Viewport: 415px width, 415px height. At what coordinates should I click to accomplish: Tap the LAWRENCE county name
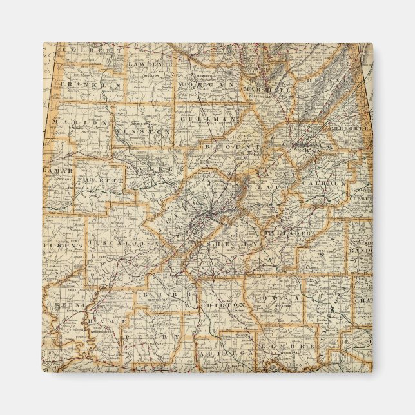tap(150, 64)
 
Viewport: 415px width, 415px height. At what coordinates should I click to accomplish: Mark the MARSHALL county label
tap(267, 90)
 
